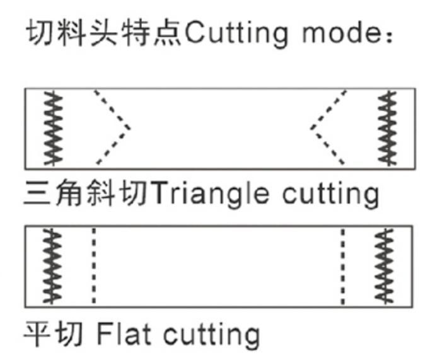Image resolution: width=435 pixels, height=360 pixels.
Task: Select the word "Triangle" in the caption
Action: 209,194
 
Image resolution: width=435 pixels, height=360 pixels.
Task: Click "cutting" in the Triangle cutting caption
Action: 330,194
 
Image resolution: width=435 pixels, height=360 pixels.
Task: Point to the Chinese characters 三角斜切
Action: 86,192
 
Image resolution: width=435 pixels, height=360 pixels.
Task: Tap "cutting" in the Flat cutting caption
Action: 211,335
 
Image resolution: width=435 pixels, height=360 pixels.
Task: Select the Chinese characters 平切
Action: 53,333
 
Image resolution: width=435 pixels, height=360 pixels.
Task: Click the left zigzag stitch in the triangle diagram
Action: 53,129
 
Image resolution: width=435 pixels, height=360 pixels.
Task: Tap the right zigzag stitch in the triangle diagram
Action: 388,129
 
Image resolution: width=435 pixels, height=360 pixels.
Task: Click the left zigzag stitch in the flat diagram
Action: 52,266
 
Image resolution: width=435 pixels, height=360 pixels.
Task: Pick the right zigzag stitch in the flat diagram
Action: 384,266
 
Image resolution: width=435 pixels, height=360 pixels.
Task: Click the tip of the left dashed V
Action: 130,128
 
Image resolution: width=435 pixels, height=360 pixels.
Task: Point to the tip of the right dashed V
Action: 311,128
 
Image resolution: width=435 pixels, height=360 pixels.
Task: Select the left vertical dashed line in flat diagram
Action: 94,265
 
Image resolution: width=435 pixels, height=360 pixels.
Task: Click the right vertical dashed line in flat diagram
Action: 343,266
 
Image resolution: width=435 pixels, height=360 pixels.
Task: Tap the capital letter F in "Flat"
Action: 105,333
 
